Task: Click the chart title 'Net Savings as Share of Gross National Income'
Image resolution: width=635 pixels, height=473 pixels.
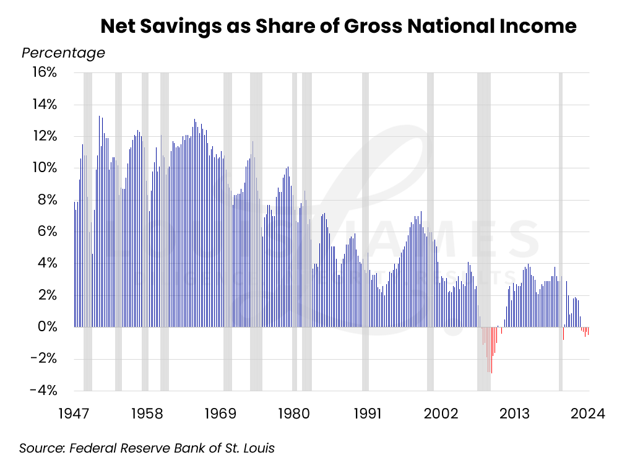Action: point(338,27)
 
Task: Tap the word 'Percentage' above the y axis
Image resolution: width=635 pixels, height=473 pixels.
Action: point(63,53)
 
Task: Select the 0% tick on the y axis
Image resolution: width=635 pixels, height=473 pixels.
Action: point(48,326)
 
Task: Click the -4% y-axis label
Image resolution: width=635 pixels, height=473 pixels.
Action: point(44,390)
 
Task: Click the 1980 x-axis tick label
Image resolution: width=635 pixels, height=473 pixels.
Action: point(293,413)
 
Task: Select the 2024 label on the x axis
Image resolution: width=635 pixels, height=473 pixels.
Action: point(586,413)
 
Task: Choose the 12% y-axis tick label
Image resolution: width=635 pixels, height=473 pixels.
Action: point(44,136)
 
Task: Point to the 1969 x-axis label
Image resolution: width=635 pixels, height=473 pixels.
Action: point(220,413)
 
